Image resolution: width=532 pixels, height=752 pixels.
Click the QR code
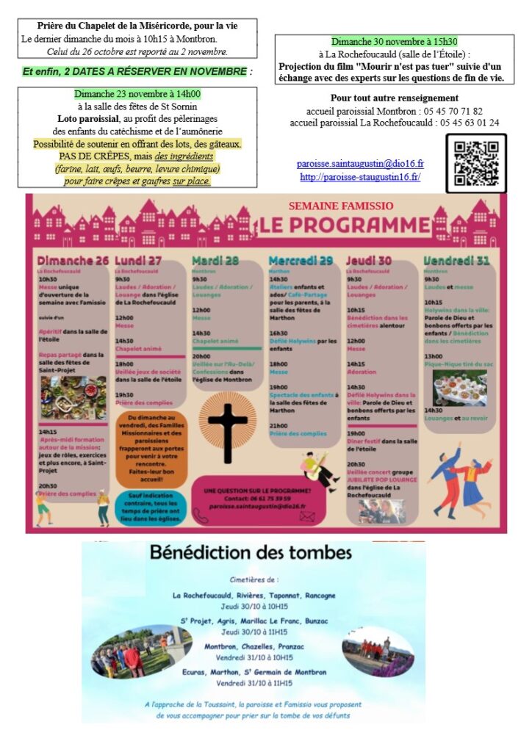tap(475, 163)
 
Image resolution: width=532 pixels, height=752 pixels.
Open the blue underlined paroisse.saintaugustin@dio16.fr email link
tap(360, 164)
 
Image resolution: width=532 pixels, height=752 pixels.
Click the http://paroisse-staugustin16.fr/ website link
tap(360, 178)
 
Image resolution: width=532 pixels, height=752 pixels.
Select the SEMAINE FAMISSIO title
tap(341, 206)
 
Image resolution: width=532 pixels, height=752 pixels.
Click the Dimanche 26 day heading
tap(73, 261)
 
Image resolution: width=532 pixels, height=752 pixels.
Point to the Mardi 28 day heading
tap(215, 261)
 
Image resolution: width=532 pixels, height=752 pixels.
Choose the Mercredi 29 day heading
tap(301, 261)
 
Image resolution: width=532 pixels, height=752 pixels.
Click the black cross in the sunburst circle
tap(228, 422)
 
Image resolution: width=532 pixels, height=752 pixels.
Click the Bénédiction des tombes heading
tap(251, 552)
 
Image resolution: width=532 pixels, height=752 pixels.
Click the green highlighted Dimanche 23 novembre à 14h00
tap(137, 94)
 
